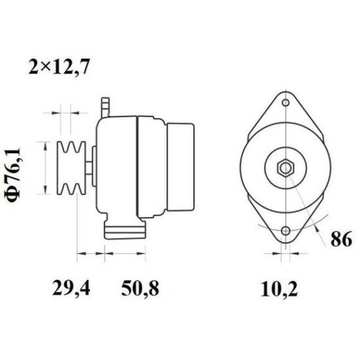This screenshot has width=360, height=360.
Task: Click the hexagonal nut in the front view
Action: [285, 168]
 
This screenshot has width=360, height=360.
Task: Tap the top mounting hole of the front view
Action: [285, 103]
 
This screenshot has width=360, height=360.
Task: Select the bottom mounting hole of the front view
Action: [285, 232]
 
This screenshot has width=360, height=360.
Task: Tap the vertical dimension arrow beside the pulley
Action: [45, 168]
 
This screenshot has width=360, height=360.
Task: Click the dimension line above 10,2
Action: [285, 251]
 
